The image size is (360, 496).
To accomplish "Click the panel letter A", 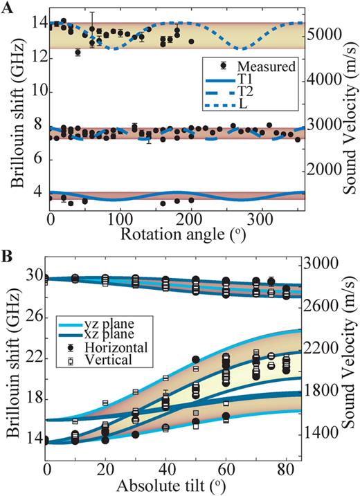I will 8,8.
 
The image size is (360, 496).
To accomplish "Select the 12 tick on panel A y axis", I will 35,57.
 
